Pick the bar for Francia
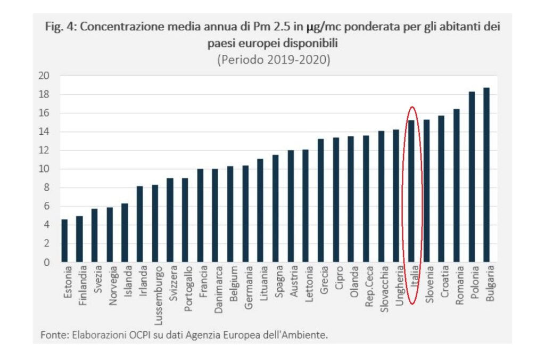click(200, 216)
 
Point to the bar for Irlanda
click(139, 224)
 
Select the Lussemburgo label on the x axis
click(155, 296)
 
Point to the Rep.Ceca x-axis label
click(366, 288)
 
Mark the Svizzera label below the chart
click(170, 288)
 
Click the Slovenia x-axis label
click(426, 288)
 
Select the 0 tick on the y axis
click(46, 262)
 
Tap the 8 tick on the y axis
click(46, 187)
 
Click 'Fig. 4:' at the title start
click(62, 27)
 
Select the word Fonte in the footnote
click(54, 334)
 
